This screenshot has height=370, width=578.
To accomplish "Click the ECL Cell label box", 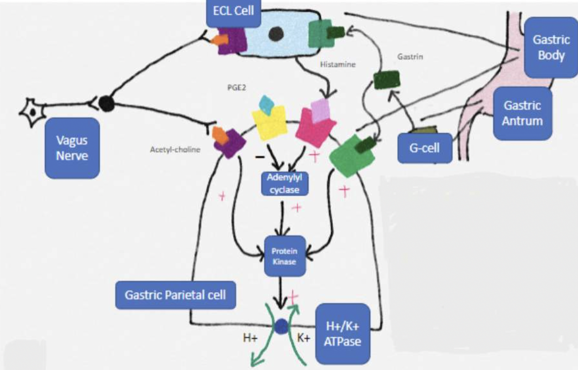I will point(233,12).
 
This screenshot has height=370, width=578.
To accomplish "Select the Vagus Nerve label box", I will point(72,148).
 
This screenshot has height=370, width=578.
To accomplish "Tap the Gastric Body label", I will point(551,47).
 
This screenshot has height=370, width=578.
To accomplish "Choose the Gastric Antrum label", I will point(522,113).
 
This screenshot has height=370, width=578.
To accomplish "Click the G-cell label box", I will point(425,148).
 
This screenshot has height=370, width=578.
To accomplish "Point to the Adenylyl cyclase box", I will point(284,184).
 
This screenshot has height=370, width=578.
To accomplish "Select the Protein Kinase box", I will point(284,256).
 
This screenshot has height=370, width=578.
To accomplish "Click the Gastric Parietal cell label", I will point(176,295).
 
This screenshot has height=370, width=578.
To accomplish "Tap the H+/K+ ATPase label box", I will point(342,334).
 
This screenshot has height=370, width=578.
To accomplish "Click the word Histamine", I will point(338,65).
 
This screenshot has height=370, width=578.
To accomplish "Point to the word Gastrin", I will point(410,57).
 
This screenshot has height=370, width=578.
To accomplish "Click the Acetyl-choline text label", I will point(175,150).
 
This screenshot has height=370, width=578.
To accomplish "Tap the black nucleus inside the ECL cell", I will point(276,33).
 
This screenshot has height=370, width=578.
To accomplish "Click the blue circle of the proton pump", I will point(281,326).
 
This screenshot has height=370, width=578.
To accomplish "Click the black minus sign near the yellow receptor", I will point(260,157).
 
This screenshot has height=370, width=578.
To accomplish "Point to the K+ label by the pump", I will point(303,338).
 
